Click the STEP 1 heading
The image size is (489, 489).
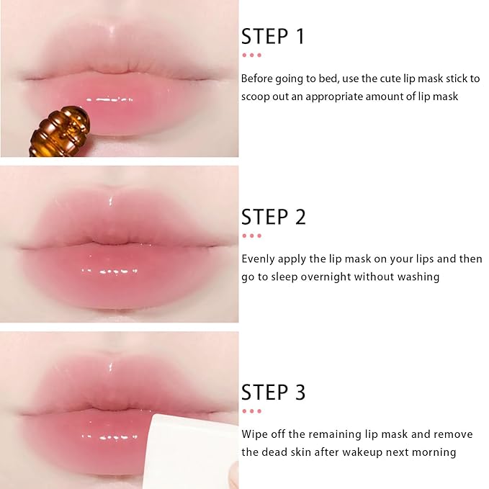274,37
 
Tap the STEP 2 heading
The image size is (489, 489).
274,217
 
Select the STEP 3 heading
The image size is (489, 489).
274,392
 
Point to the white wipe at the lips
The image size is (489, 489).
191,449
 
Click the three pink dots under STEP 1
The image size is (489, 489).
251,55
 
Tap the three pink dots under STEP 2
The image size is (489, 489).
251,235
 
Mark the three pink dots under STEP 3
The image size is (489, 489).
251,411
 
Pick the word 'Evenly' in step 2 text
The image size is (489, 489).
258,259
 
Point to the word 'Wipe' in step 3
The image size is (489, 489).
254,434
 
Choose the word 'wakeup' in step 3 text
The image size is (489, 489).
382,452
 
